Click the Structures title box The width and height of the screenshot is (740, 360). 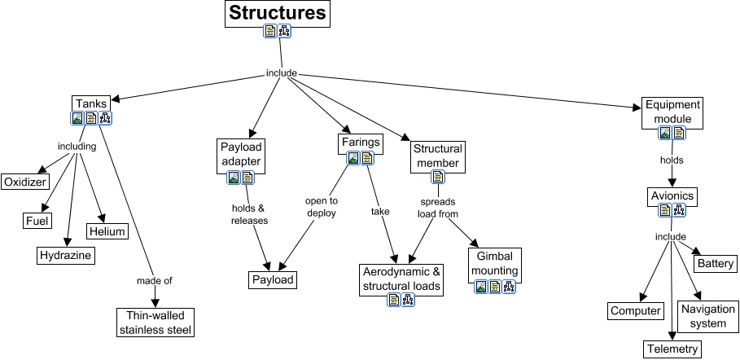(278, 13)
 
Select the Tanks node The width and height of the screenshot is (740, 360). (90, 103)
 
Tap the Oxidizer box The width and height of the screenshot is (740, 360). (24, 181)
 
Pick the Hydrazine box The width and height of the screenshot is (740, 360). (66, 256)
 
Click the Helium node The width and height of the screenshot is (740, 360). (108, 231)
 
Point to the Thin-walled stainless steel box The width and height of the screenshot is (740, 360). (155, 322)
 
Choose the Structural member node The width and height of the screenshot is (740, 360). (437, 156)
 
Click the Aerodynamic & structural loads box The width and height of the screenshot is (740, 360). (401, 278)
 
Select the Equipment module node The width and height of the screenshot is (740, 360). (672, 112)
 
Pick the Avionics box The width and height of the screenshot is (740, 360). (672, 195)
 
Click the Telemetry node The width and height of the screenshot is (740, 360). (672, 349)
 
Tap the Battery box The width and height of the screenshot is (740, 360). (716, 264)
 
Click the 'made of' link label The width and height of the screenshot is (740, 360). (154, 281)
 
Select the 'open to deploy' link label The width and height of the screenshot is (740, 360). (321, 207)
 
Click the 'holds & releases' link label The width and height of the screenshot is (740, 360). (249, 213)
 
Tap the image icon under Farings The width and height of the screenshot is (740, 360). (353, 158)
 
